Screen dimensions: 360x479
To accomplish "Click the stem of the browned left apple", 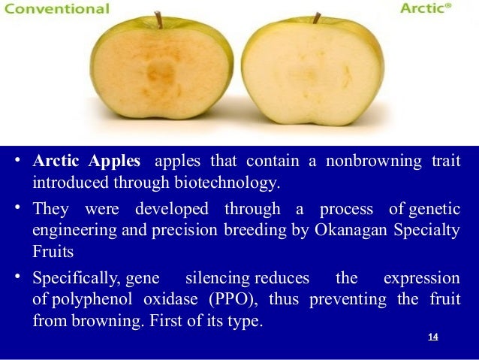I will click(x=158, y=20).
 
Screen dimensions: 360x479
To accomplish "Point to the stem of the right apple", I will click(x=317, y=17).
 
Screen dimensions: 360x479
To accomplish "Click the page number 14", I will click(x=432, y=336).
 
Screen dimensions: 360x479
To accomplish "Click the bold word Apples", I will click(x=115, y=162).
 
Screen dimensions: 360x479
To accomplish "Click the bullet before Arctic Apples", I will click(x=17, y=162).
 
